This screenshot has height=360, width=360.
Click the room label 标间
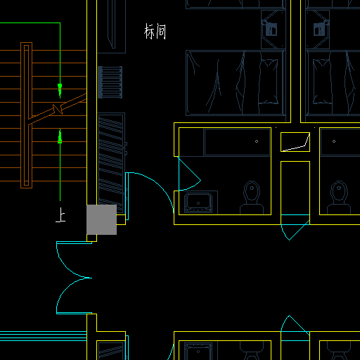pos(155,31)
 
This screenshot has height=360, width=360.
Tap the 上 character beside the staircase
pos(60,214)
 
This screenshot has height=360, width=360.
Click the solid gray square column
pos(101,219)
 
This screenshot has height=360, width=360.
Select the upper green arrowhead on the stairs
pos(60,89)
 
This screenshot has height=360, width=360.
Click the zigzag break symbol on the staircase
pos(58,109)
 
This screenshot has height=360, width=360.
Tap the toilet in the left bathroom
pos(252,198)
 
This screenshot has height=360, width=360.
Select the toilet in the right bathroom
pos(339,198)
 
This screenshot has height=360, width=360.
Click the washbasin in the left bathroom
pos(198,202)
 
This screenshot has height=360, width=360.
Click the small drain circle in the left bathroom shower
pos(257,141)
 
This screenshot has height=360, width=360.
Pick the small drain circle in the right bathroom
pos(334,141)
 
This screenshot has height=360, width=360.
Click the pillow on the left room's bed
pos(268,82)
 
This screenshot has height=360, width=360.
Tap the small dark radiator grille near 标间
pos(110,82)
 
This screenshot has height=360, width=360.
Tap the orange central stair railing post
pos(26,115)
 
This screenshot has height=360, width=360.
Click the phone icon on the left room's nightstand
pos(271,30)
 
